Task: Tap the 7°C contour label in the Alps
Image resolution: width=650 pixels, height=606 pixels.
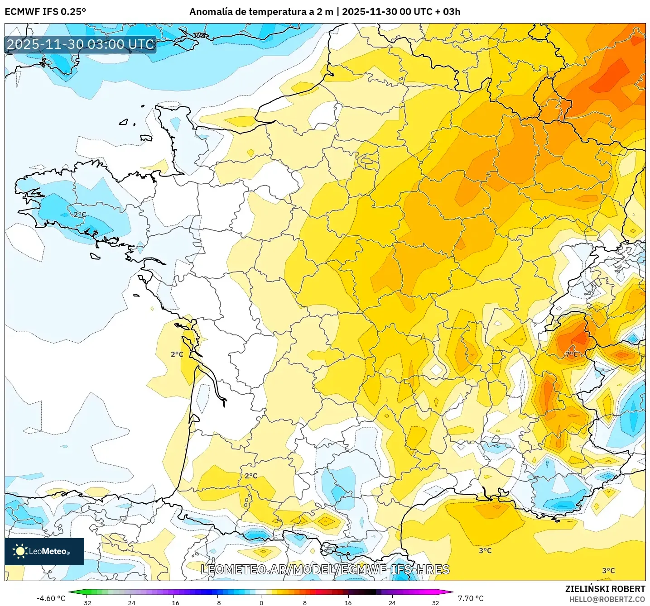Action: click(572, 354)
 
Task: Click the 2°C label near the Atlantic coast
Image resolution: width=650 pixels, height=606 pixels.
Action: click(177, 354)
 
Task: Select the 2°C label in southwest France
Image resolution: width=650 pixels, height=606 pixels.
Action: click(251, 476)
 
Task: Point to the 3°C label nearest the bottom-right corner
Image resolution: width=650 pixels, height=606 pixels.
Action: click(608, 571)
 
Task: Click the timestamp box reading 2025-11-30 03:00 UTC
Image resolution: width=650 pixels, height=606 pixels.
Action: click(81, 44)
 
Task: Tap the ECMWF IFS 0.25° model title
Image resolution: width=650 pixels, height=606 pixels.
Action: click(45, 12)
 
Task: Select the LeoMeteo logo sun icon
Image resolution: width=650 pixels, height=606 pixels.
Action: click(20, 551)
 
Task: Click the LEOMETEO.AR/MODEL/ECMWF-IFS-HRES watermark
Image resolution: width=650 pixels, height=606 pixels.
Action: click(325, 569)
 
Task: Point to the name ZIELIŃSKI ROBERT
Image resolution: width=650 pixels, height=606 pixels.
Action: click(605, 589)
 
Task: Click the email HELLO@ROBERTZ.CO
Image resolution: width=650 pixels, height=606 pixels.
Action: click(607, 599)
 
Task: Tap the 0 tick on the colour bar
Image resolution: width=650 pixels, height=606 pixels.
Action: click(261, 602)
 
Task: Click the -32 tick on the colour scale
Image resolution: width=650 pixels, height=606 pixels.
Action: click(86, 602)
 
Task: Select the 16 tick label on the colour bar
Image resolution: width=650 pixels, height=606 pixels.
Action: click(348, 602)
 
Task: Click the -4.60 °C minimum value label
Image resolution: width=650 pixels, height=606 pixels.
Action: click(51, 598)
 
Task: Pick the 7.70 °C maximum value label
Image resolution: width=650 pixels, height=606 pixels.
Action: click(471, 598)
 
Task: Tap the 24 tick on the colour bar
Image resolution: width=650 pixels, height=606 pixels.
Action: click(392, 602)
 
